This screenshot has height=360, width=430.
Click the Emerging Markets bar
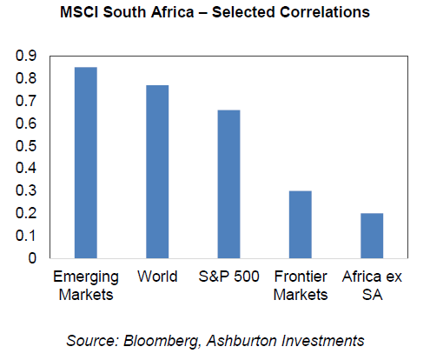[86, 163]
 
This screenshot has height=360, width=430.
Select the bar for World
[157, 171]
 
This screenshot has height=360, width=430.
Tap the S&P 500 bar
[228, 184]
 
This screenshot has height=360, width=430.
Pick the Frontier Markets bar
[301, 224]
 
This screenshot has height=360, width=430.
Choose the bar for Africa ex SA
[372, 236]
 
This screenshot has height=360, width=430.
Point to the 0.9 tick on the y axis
[26, 56]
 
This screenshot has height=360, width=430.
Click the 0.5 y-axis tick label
[26, 145]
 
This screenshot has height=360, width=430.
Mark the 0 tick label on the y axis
[32, 258]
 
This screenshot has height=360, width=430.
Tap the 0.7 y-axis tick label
[26, 101]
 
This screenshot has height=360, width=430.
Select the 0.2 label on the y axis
[26, 213]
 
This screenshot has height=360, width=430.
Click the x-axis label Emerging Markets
[86, 286]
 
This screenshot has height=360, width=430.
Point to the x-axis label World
[157, 277]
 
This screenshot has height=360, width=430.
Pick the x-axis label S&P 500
[228, 277]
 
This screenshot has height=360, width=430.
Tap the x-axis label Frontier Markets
[301, 285]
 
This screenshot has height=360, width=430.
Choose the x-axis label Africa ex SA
[372, 285]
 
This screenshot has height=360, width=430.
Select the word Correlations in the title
[325, 12]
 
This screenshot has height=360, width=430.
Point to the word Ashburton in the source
[242, 340]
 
